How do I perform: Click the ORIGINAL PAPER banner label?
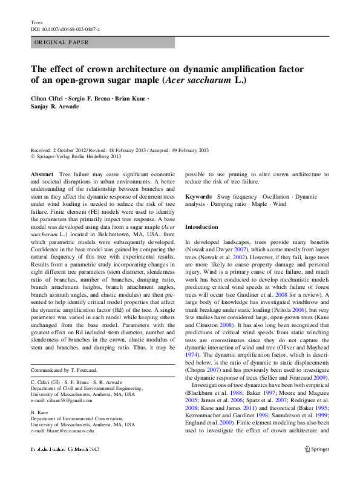point(62,42)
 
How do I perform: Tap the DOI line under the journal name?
point(65,29)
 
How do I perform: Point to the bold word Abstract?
point(41,174)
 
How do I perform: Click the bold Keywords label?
point(198,197)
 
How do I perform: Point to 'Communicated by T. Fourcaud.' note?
point(64,369)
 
